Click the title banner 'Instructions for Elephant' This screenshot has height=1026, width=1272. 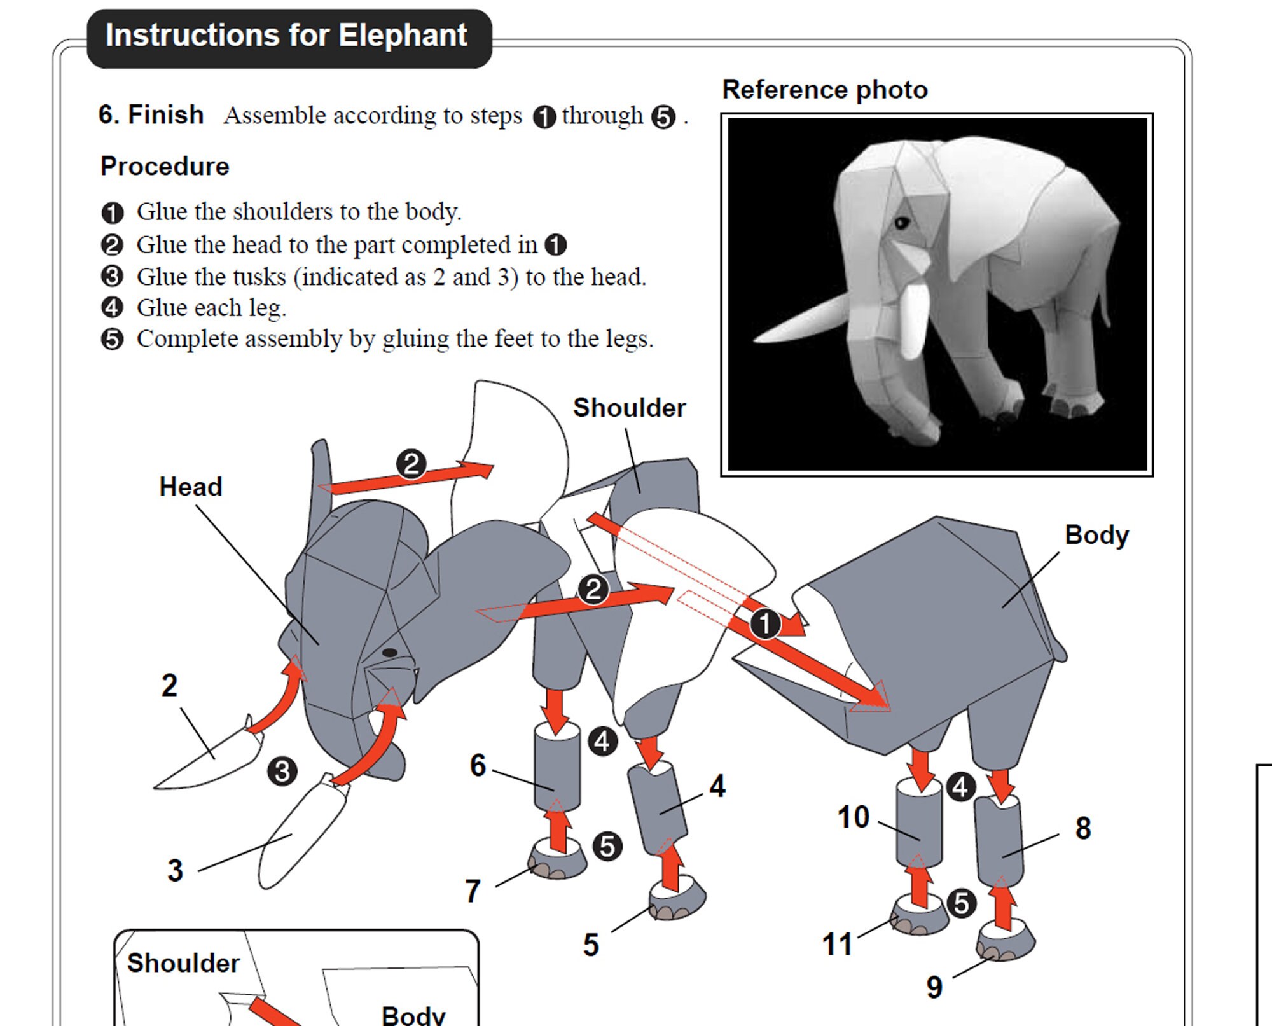click(287, 37)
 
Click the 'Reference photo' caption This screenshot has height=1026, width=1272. click(824, 90)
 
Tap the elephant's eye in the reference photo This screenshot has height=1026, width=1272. click(901, 223)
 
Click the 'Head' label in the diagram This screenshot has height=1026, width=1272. click(190, 487)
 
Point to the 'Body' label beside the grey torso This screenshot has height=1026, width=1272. click(1096, 535)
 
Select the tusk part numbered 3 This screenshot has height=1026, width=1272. click(299, 833)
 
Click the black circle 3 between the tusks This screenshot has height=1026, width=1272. click(282, 772)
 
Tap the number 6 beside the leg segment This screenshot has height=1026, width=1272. click(478, 765)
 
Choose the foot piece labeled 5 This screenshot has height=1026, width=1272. click(677, 900)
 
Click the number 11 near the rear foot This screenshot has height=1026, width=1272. click(836, 944)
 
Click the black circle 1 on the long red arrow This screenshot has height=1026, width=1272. click(764, 624)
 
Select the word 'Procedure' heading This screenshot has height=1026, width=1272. click(165, 167)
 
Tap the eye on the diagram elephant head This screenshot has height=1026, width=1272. click(390, 653)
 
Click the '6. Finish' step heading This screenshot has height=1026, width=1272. click(151, 115)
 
